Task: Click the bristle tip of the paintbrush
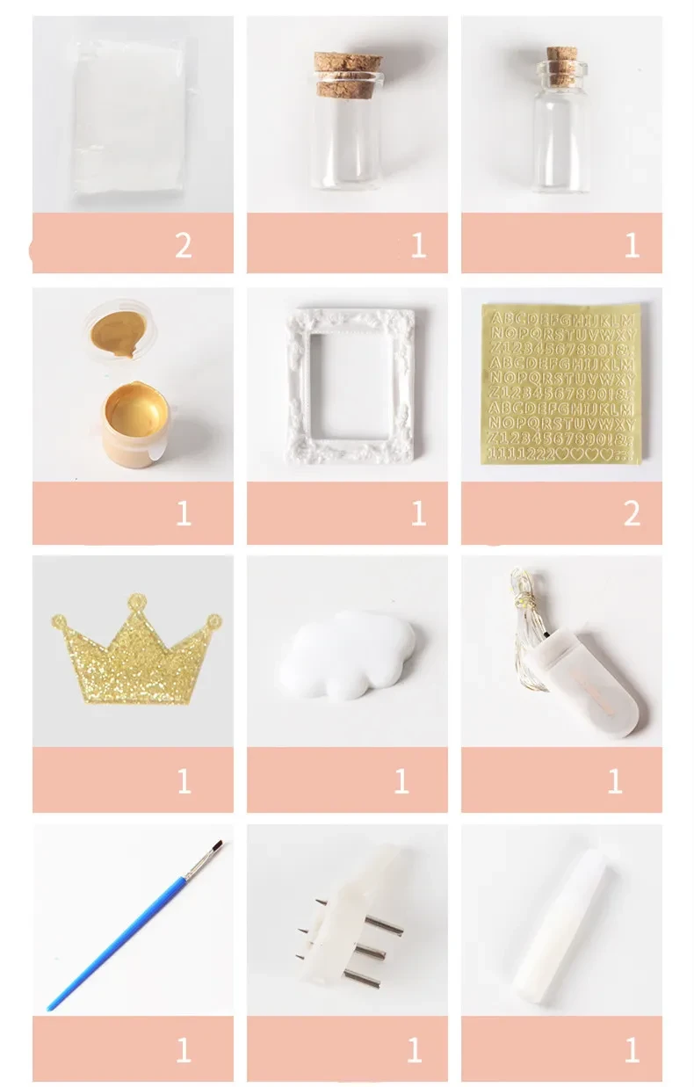click(x=216, y=845)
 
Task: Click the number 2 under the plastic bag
click(x=183, y=245)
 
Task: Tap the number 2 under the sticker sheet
click(x=632, y=514)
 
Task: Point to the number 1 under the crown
click(x=183, y=780)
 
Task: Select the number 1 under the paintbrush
click(x=183, y=1049)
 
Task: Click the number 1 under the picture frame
click(x=418, y=514)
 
